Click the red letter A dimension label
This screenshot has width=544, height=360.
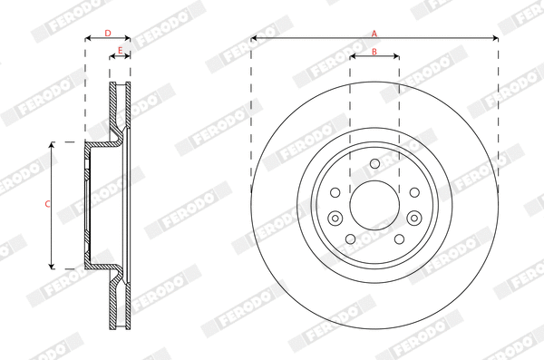(x=374, y=34)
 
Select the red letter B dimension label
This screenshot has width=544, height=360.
(x=374, y=52)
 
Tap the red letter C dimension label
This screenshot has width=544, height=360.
(x=47, y=204)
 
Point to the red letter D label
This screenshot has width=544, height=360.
(x=107, y=34)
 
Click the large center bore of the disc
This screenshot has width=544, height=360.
(x=374, y=204)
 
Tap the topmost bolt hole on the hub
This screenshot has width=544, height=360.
(x=374, y=162)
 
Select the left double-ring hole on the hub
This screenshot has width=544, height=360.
(x=335, y=217)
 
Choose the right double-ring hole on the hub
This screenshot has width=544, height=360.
(x=413, y=217)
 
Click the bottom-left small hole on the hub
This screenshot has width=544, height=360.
(x=350, y=238)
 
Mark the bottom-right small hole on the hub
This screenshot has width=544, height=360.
(x=398, y=238)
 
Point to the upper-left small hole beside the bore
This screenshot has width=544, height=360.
(x=335, y=192)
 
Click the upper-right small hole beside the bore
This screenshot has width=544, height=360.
(x=413, y=192)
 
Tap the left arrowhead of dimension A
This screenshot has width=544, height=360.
(x=254, y=38)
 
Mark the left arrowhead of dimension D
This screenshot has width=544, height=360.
(x=88, y=38)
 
